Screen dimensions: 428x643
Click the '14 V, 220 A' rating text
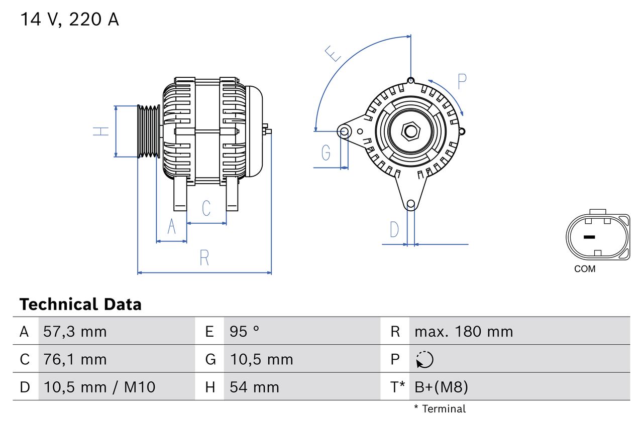pyautogui.click(x=69, y=20)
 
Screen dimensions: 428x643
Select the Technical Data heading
pyautogui.click(x=80, y=305)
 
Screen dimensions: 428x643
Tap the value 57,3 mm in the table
pyautogui.click(x=75, y=332)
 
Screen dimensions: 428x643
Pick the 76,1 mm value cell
pyautogui.click(x=75, y=359)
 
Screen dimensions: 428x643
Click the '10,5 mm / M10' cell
pyautogui.click(x=100, y=387)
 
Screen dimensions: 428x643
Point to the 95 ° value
pyautogui.click(x=245, y=332)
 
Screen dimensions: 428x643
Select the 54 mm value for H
pyautogui.click(x=254, y=387)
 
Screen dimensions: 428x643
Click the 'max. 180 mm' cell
pyautogui.click(x=464, y=332)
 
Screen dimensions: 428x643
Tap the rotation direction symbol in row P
pyautogui.click(x=424, y=359)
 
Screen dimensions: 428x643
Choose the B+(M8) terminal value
pyautogui.click(x=441, y=387)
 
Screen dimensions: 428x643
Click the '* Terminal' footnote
pyautogui.click(x=440, y=409)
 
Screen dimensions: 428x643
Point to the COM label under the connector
pyautogui.click(x=585, y=269)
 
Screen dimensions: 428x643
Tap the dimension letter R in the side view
pyautogui.click(x=204, y=258)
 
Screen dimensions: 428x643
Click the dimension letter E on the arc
pyautogui.click(x=333, y=53)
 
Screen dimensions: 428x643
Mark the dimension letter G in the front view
pyautogui.click(x=326, y=152)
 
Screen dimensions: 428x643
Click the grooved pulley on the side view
pyautogui.click(x=149, y=131)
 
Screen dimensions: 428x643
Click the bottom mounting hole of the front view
pyautogui.click(x=411, y=204)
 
